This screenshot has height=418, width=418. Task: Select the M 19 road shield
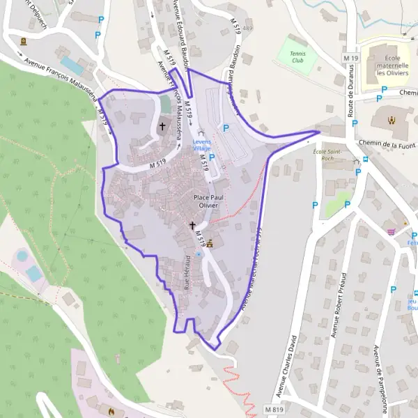point(350,56)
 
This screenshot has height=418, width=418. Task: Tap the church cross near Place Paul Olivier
point(193,226)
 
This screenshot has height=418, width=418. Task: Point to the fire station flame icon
point(112,410)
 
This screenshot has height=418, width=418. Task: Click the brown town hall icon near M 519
point(209,243)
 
